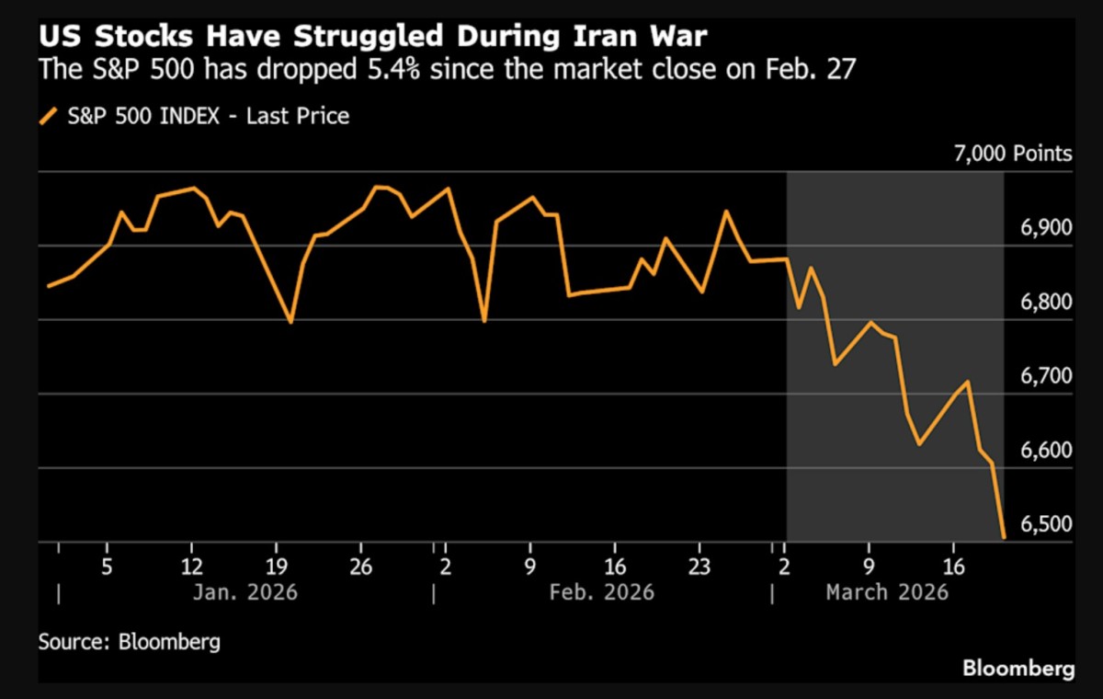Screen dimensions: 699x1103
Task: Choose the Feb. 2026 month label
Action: point(601,591)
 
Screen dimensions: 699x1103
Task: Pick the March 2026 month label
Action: point(886,591)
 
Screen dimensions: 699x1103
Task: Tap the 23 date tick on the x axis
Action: point(699,566)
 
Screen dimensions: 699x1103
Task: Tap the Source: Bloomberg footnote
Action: point(130,641)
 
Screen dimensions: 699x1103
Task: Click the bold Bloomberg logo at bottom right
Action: point(1018,669)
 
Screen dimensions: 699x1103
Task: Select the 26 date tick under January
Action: point(360,566)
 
